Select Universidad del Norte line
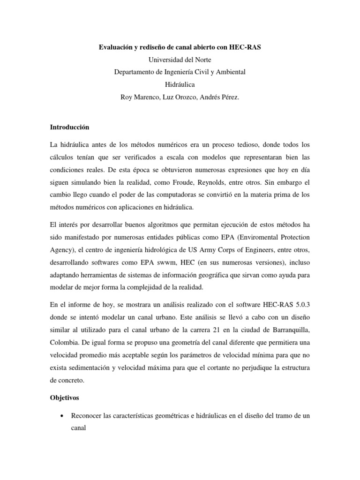pos(180,60)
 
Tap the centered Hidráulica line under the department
pos(180,85)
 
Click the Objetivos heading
pos(65,397)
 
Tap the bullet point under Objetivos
pos(61,416)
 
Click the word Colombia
pos(63,341)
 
